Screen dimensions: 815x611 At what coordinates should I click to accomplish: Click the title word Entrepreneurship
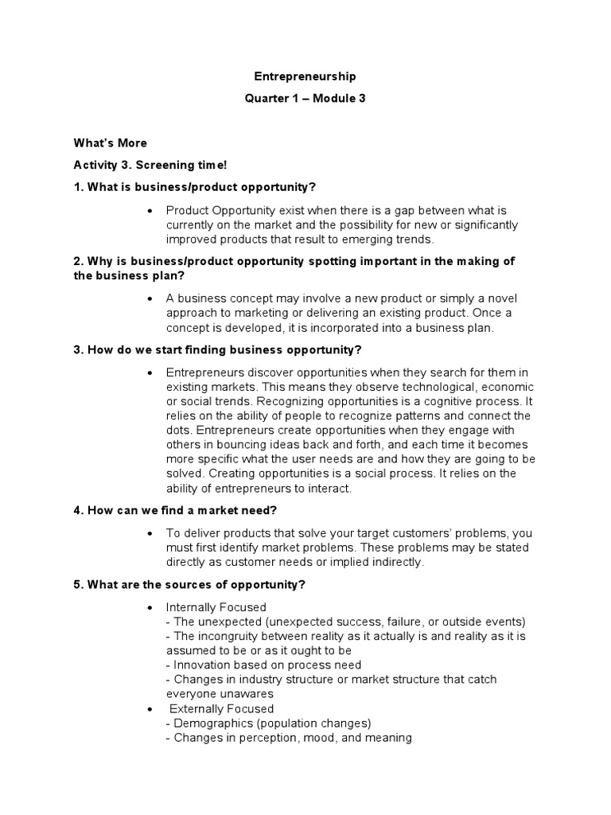point(305,76)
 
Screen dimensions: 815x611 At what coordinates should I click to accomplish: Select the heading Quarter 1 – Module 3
point(305,98)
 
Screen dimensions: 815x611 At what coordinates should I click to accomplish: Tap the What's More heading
point(111,143)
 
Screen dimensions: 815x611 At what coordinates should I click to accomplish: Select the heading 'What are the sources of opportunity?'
point(190,584)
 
